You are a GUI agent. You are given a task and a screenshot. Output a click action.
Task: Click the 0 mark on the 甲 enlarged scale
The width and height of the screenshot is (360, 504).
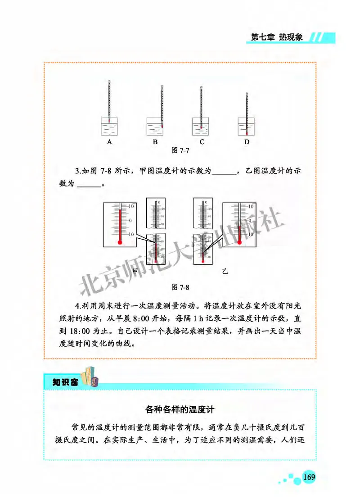pyautogui.click(x=130, y=220)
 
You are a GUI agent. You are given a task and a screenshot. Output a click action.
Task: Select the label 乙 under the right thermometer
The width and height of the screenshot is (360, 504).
pyautogui.click(x=225, y=271)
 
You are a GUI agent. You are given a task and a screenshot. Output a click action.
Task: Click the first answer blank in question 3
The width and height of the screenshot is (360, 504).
pyautogui.click(x=223, y=171)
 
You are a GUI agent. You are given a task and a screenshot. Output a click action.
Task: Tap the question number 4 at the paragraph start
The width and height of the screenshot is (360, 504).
pyautogui.click(x=77, y=306)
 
